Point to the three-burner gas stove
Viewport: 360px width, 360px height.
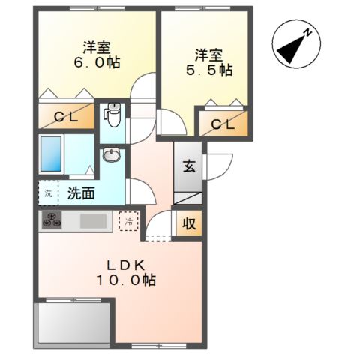(52, 220)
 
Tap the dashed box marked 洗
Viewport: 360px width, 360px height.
(48, 193)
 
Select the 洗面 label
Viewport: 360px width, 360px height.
(81, 193)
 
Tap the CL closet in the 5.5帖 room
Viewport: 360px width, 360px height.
(223, 124)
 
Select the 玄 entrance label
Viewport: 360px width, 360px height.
(189, 166)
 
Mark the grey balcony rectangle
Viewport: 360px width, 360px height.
(73, 322)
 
